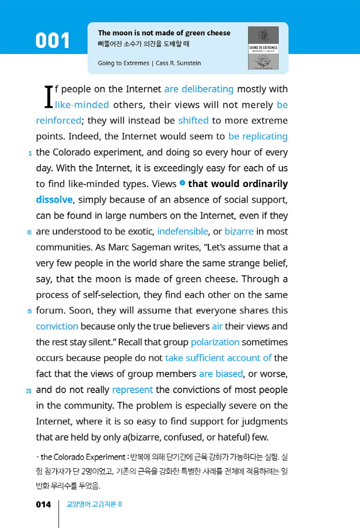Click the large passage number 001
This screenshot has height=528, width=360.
(53, 41)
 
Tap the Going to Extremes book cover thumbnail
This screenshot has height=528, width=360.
(263, 48)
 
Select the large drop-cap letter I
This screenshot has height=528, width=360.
(48, 97)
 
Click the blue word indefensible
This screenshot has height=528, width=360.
(183, 232)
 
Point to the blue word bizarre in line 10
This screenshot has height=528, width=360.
(239, 232)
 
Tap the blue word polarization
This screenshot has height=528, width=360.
(215, 342)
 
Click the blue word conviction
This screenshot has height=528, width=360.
(57, 326)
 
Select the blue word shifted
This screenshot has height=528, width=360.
(193, 121)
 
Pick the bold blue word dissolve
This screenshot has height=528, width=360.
(54, 200)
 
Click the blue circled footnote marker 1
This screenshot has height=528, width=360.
(182, 183)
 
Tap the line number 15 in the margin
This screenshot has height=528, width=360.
(29, 311)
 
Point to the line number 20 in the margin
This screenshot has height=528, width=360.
(29, 391)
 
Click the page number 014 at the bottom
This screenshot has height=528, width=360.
(43, 504)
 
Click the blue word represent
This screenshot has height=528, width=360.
(133, 390)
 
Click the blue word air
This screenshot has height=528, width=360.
(217, 326)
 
